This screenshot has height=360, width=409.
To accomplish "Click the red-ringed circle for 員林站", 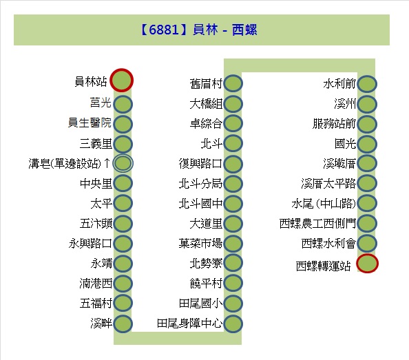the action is (x=122, y=80).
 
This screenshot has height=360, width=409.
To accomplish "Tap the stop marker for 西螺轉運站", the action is (x=367, y=263).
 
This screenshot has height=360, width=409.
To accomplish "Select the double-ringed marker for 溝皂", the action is (x=123, y=163).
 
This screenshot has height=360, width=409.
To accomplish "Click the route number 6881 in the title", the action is (x=164, y=30).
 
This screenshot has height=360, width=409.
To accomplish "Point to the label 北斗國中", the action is (x=200, y=204).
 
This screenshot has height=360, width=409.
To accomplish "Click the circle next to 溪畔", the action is (x=123, y=324).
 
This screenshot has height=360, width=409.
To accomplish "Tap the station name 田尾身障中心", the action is (x=189, y=324).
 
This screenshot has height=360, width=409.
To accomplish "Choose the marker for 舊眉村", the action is (x=233, y=83).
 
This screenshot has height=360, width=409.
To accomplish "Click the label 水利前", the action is (x=339, y=84).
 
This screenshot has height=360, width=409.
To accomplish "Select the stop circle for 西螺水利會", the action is (x=367, y=243).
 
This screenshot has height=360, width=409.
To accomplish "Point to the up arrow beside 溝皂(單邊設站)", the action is (x=107, y=163).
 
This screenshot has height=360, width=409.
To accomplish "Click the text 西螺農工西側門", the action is (x=317, y=224).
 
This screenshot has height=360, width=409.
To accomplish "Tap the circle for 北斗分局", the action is (x=233, y=184).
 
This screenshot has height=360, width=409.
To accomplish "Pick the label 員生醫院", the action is (x=90, y=123).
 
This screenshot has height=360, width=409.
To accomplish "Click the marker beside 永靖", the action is (x=123, y=263).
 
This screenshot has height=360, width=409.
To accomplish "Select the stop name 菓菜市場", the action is (x=200, y=243).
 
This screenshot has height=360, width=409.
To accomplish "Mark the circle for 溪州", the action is (x=367, y=104).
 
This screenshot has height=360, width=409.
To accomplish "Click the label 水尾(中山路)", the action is (x=324, y=204).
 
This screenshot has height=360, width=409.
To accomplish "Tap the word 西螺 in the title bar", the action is (x=244, y=30).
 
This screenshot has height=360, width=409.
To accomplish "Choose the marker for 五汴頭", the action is (x=123, y=224).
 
